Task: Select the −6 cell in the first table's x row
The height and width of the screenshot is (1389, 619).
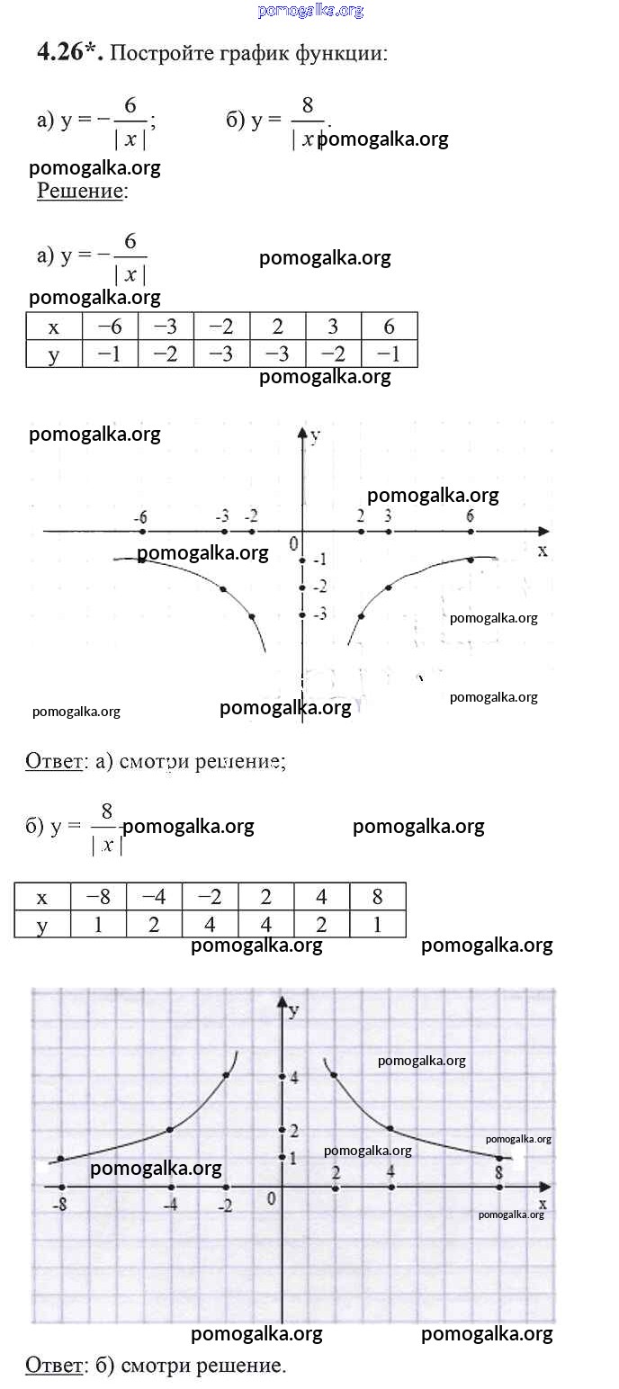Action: (x=110, y=327)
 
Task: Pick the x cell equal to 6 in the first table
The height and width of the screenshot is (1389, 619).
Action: (x=389, y=327)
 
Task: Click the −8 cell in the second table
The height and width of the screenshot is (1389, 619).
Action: (x=98, y=897)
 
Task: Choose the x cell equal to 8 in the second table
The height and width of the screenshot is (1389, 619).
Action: (x=378, y=897)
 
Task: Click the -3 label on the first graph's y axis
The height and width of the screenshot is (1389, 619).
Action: (x=319, y=614)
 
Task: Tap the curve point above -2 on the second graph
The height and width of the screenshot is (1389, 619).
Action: (x=226, y=1075)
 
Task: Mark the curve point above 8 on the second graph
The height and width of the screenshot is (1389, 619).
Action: (x=499, y=1158)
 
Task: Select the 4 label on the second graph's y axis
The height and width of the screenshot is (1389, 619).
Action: (x=294, y=1078)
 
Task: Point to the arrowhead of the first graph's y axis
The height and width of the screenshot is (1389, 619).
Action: (x=302, y=433)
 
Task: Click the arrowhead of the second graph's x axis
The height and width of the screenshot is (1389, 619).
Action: (x=546, y=1187)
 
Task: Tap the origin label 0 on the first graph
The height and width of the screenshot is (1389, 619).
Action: (x=294, y=544)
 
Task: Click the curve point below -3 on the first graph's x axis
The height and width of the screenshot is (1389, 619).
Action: (x=223, y=588)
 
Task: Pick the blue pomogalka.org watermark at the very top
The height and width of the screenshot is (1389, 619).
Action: (x=310, y=10)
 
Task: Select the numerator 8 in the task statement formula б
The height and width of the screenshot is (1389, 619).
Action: (x=307, y=104)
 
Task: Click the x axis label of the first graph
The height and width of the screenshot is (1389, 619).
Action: (x=543, y=551)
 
